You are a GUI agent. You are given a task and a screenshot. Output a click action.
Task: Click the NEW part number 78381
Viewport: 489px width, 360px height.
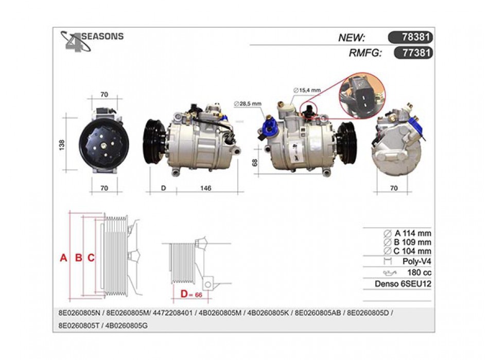[x=416, y=38]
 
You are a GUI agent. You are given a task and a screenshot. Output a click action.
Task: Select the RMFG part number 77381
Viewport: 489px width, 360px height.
[x=416, y=52]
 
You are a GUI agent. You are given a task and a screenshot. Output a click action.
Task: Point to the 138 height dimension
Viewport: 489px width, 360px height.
[x=62, y=145]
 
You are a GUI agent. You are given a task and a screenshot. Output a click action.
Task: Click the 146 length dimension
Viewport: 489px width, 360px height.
[x=206, y=188]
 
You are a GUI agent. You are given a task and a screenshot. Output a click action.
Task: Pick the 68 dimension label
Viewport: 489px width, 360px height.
[x=255, y=163]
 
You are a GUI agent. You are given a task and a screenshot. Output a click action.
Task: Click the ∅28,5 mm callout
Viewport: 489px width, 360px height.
[x=248, y=104]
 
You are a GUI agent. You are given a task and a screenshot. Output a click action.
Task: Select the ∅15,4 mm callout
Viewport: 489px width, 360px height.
[x=307, y=91]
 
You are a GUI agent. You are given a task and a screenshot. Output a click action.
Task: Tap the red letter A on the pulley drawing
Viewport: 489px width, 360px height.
[x=63, y=258]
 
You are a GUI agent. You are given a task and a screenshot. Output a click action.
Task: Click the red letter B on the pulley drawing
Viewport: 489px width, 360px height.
[x=79, y=258]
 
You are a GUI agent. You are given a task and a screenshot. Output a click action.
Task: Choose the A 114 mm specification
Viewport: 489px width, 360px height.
[x=407, y=233]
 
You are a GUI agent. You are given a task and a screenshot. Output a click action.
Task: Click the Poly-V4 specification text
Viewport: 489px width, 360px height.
[x=416, y=261]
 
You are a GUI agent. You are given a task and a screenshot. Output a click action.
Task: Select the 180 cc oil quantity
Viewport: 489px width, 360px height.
[x=419, y=273]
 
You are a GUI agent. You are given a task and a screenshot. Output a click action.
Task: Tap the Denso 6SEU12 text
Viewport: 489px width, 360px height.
[x=403, y=284]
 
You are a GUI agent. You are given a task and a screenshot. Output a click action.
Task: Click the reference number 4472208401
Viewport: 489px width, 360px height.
[x=173, y=313]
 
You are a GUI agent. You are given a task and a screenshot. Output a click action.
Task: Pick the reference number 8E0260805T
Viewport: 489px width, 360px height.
[x=78, y=326]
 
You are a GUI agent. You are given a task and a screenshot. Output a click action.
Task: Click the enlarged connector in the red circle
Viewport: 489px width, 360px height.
[x=362, y=96]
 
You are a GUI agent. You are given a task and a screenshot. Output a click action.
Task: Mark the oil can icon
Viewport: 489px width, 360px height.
[x=390, y=273]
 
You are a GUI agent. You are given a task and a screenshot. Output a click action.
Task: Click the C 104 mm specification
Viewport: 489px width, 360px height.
[x=407, y=251]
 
